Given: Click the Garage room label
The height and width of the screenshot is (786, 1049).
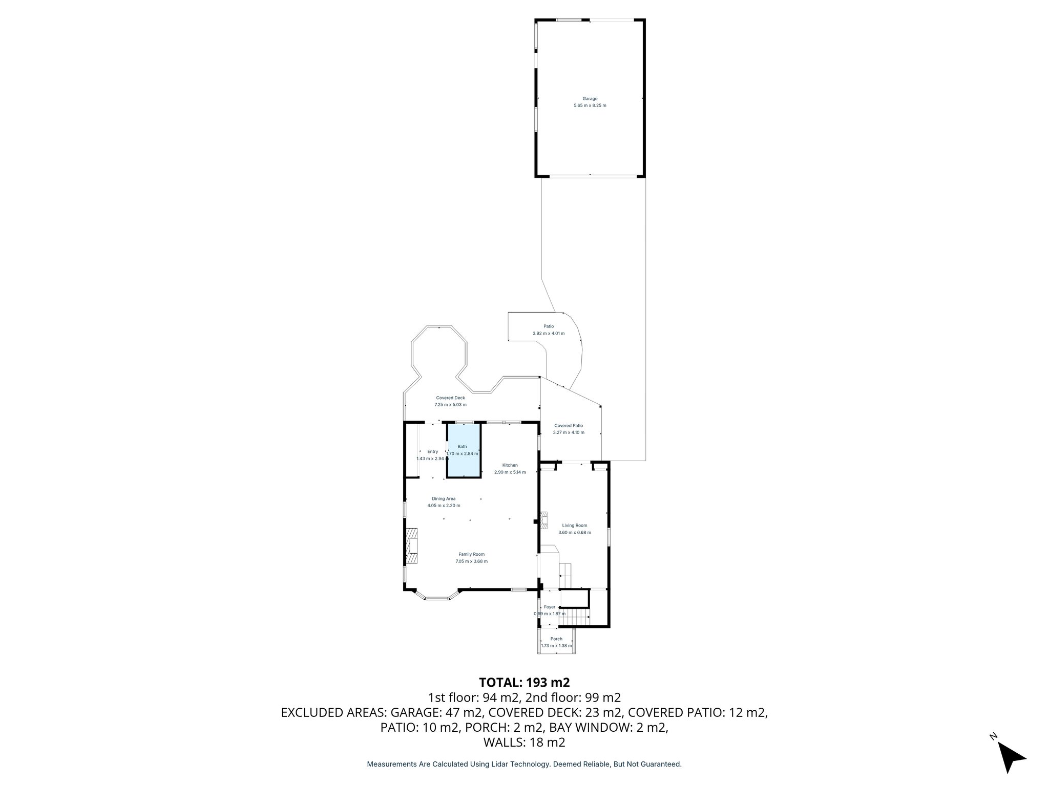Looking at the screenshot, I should click(590, 99).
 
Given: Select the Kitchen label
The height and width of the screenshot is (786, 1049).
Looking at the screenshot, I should click(510, 465).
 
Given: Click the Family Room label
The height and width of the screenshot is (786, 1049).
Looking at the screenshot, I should click(471, 554).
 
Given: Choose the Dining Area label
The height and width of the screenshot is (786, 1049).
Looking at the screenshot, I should click(444, 498).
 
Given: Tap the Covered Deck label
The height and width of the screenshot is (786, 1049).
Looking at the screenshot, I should click(450, 398).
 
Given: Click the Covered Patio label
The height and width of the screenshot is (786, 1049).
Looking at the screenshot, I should click(569, 425).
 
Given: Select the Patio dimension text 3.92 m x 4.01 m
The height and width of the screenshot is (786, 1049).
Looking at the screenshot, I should click(549, 333).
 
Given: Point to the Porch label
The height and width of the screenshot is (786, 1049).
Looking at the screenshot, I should click(556, 639).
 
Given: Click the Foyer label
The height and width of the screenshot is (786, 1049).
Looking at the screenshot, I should click(550, 607).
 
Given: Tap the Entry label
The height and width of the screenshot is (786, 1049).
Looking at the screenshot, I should click(433, 451).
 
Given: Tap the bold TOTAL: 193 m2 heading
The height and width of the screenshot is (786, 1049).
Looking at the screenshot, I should click(524, 682).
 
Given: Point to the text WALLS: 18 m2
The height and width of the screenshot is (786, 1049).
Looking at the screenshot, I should click(524, 743).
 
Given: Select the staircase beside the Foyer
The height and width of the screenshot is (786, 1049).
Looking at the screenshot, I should click(574, 616).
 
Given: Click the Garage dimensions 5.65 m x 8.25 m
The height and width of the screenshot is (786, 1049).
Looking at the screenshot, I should click(590, 105).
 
